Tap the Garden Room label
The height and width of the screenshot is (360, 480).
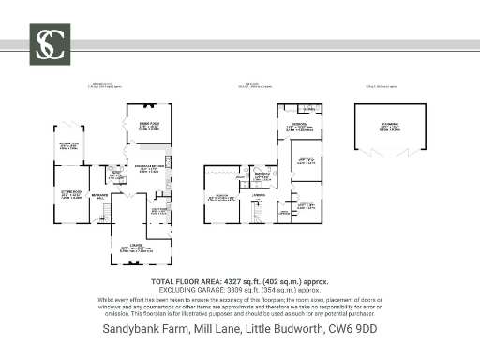(68, 144)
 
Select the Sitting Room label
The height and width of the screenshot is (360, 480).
(68, 195)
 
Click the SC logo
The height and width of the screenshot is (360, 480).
(49, 43)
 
